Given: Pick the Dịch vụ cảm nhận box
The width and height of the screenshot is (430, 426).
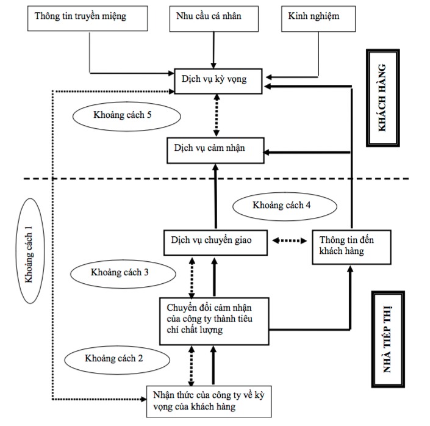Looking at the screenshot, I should (216, 150).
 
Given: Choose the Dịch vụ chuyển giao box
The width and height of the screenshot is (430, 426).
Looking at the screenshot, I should (217, 242).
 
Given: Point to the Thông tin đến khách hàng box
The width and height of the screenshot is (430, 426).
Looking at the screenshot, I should (349, 246).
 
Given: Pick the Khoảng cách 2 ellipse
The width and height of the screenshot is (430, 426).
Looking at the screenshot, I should (114, 358).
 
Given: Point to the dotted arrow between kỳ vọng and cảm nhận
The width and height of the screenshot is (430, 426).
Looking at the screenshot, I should (215, 115).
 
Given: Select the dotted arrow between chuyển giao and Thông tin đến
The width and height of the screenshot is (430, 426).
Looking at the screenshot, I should (290, 241).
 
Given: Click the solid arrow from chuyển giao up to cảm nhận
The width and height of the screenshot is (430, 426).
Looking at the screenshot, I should (215, 197).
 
